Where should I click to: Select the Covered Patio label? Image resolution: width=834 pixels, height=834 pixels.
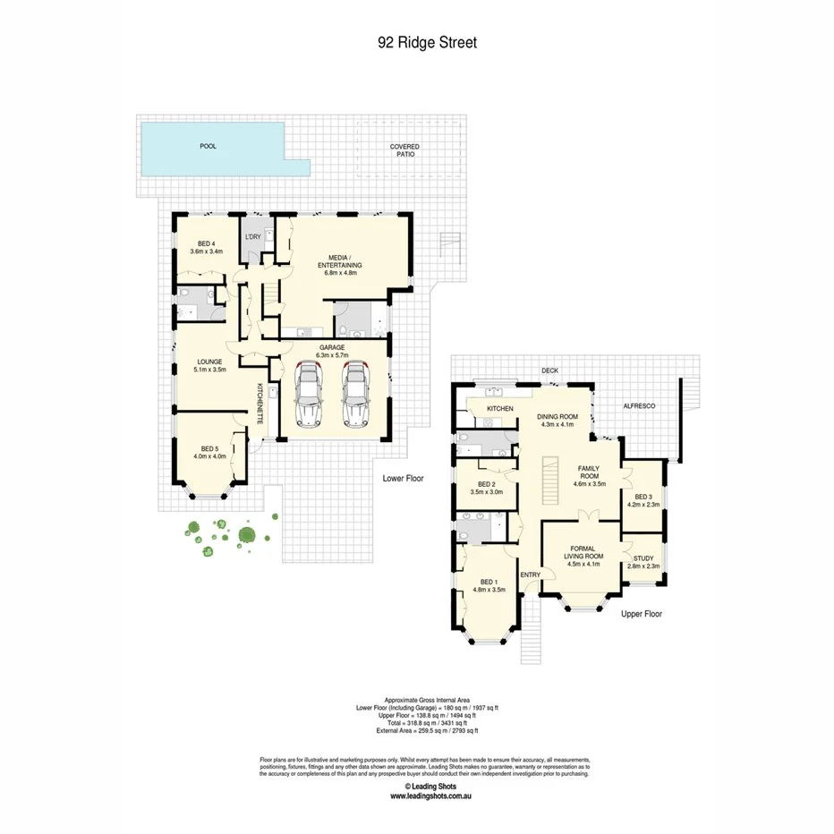tap(404, 149)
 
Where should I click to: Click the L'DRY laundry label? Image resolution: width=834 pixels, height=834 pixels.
tap(253, 236)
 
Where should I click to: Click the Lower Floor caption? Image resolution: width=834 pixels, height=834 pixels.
tap(403, 479)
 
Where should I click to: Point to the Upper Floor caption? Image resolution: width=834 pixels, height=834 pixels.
tap(641, 615)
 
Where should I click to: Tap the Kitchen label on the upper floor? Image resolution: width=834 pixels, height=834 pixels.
tap(499, 409)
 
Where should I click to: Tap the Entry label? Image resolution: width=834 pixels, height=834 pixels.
tap(531, 574)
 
